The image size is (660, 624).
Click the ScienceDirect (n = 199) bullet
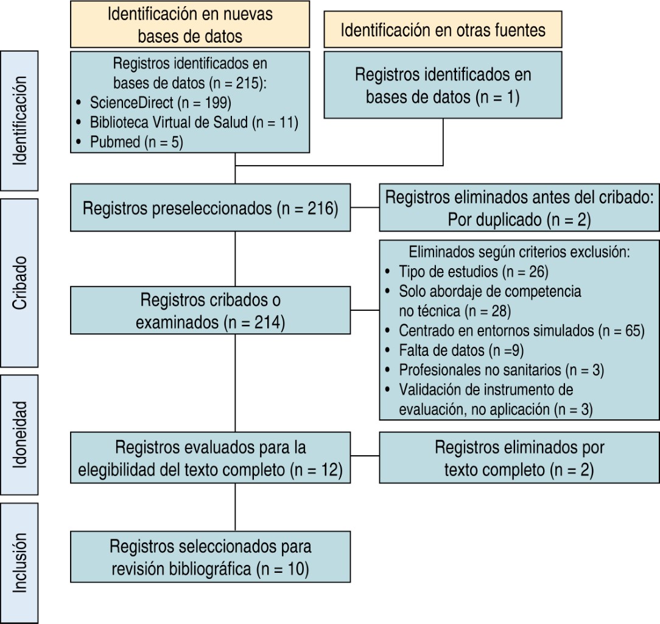pos(161,102)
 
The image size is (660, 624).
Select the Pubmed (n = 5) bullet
pos(136,142)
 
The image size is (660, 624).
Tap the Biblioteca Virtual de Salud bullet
pos(194,122)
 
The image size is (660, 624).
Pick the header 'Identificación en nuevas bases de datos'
pos(190,24)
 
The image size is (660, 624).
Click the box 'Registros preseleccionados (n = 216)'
pos(210,208)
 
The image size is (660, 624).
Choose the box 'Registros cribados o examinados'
pos(210,311)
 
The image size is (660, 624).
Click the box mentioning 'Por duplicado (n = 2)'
pos(519,208)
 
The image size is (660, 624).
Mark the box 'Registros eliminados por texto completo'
pos(519,458)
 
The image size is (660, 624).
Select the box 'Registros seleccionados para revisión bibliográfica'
pos(210,557)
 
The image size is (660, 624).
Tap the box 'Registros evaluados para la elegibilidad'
pos(210,458)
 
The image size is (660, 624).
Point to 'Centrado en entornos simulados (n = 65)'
pos(521,331)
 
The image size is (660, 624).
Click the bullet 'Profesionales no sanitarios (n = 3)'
pos(501,370)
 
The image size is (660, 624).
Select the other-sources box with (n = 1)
pos(443,85)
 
